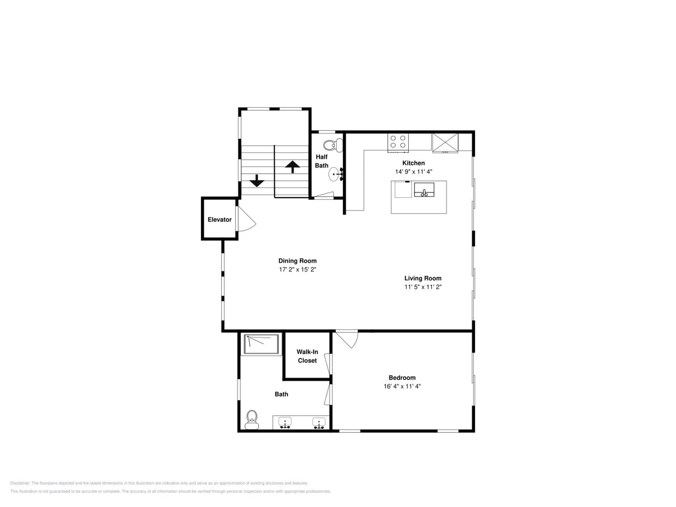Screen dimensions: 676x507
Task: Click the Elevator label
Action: [219, 219]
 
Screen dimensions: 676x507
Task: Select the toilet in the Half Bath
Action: [333, 145]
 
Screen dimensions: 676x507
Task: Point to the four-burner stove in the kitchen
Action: [398, 142]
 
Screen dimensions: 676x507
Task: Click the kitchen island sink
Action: [424, 190]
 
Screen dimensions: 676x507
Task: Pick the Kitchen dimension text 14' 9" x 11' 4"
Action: [413, 172]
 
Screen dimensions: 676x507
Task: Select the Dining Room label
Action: [297, 261]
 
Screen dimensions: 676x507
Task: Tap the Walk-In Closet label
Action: [307, 356]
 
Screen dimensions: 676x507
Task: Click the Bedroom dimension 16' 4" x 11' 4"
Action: [402, 386]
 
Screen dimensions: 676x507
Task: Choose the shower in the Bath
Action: [261, 344]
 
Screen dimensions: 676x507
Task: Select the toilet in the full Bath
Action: [252, 420]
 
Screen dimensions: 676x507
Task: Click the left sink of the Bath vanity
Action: [285, 423]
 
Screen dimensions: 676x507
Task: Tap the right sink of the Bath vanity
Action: [319, 423]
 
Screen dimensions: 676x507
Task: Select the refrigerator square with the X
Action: [445, 142]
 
